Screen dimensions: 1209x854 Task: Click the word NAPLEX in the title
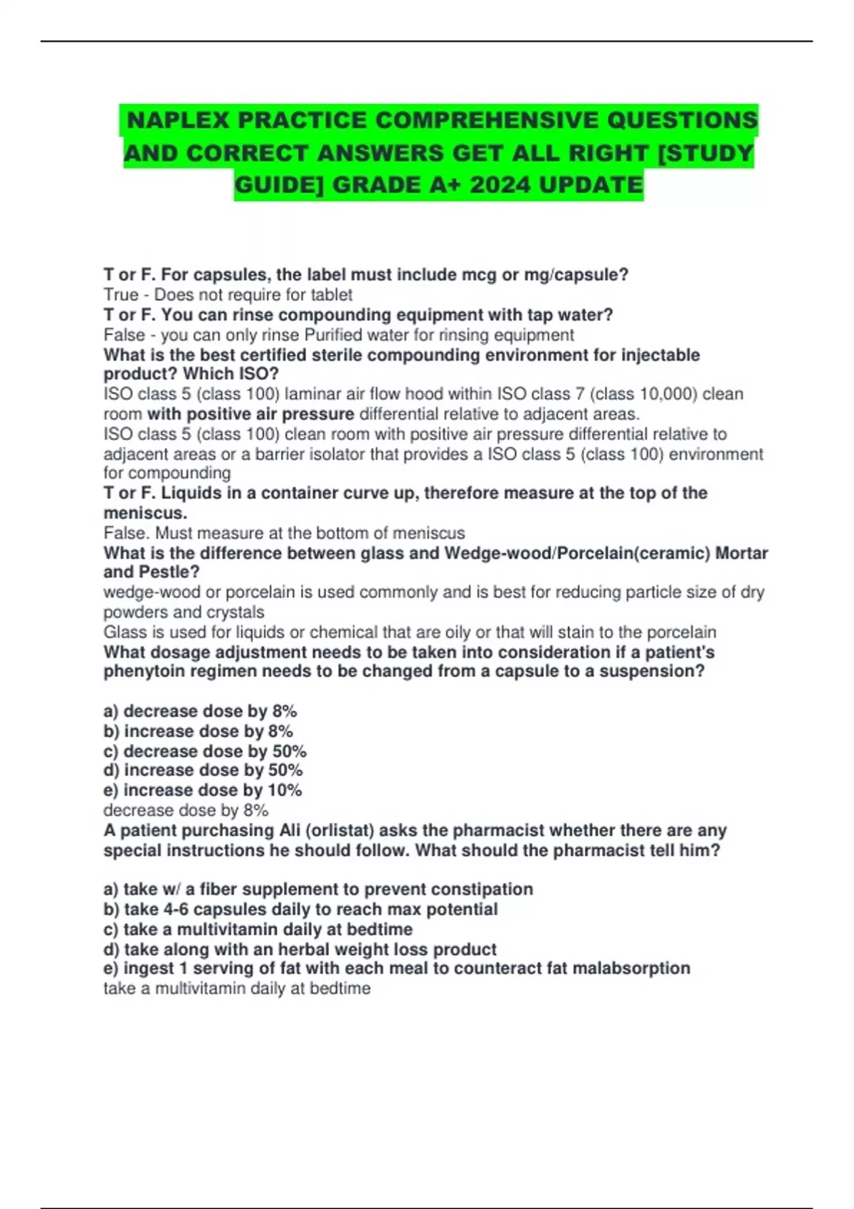pos(178,120)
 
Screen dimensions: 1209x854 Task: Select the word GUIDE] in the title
pos(279,186)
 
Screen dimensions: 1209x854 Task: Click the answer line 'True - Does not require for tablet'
pos(228,294)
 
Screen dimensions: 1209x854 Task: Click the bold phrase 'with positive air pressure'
pos(251,414)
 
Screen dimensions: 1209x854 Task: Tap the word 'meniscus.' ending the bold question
pos(145,513)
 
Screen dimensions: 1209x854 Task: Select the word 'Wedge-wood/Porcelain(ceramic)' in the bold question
pos(576,553)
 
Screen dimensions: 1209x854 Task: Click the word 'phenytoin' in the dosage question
pos(139,671)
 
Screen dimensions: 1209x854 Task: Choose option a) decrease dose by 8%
pos(200,711)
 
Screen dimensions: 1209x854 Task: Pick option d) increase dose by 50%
pos(203,770)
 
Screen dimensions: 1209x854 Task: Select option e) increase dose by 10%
pos(203,790)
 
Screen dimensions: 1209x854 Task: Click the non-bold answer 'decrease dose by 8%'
pos(186,810)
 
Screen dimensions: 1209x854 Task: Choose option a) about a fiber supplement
pos(318,889)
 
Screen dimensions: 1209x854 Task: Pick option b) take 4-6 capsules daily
pos(300,909)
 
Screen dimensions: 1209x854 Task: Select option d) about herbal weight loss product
pos(300,949)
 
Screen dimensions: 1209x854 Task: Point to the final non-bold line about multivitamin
pos(237,989)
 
